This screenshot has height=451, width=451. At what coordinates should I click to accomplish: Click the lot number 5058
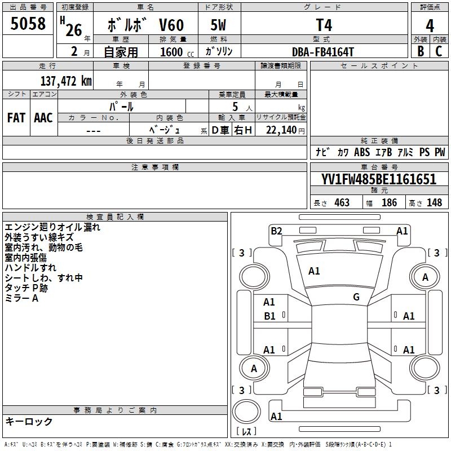click(x=28, y=24)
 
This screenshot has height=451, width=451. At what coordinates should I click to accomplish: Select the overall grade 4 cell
click(x=430, y=25)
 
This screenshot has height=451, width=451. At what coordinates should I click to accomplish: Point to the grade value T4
click(x=324, y=25)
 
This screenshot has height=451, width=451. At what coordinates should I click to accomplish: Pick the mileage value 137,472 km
click(x=65, y=81)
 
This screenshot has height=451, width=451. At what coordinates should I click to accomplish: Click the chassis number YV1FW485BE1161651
click(x=378, y=180)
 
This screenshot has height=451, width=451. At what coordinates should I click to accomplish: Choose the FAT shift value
click(x=16, y=118)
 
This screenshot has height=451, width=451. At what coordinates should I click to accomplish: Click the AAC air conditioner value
click(x=43, y=118)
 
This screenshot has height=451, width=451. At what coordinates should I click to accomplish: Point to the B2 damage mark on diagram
click(x=276, y=230)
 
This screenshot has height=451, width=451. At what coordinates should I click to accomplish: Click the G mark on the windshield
click(x=356, y=297)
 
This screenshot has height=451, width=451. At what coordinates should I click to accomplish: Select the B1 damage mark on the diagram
click(x=269, y=316)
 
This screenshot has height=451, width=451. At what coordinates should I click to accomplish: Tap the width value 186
click(x=389, y=202)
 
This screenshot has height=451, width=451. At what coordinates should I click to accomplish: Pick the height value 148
click(x=434, y=202)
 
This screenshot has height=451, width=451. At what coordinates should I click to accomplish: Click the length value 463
click(x=342, y=202)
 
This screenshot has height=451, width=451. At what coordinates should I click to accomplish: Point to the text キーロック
click(x=29, y=421)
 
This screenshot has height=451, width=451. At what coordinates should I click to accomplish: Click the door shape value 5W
click(x=218, y=26)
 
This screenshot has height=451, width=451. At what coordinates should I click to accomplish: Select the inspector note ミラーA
click(x=21, y=298)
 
